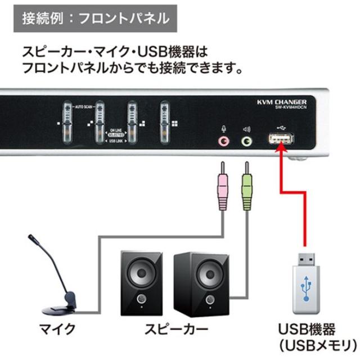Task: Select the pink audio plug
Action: (223, 185)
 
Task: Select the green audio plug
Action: (246, 185)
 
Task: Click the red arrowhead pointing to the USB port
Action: (280, 155)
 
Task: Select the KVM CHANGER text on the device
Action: (281, 102)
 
